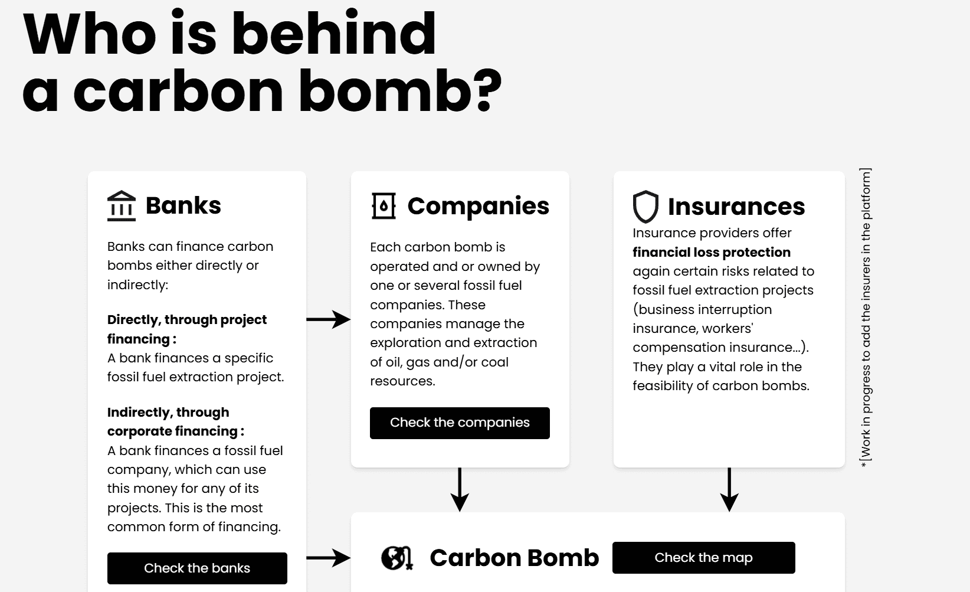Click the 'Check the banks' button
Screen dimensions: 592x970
point(197,568)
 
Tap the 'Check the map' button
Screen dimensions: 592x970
point(703,557)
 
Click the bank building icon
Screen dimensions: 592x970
point(122,206)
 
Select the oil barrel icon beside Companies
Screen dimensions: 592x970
point(384,206)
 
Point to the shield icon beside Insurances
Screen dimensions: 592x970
point(645,207)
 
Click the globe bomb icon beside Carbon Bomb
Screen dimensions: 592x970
point(396,558)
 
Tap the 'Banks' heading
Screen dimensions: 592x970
point(183,205)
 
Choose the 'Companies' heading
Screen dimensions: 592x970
point(478,206)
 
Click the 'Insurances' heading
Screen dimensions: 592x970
point(736,207)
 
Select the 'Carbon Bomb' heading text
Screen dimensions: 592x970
point(514,558)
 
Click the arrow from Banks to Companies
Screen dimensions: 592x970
point(329,319)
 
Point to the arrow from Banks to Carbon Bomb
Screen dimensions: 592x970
point(329,557)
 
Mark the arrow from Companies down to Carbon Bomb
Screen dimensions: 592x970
point(460,490)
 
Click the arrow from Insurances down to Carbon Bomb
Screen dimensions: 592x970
point(729,490)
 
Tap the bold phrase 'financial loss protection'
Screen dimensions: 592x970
point(711,252)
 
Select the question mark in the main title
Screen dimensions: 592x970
point(488,90)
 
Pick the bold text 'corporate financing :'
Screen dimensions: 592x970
point(175,431)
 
